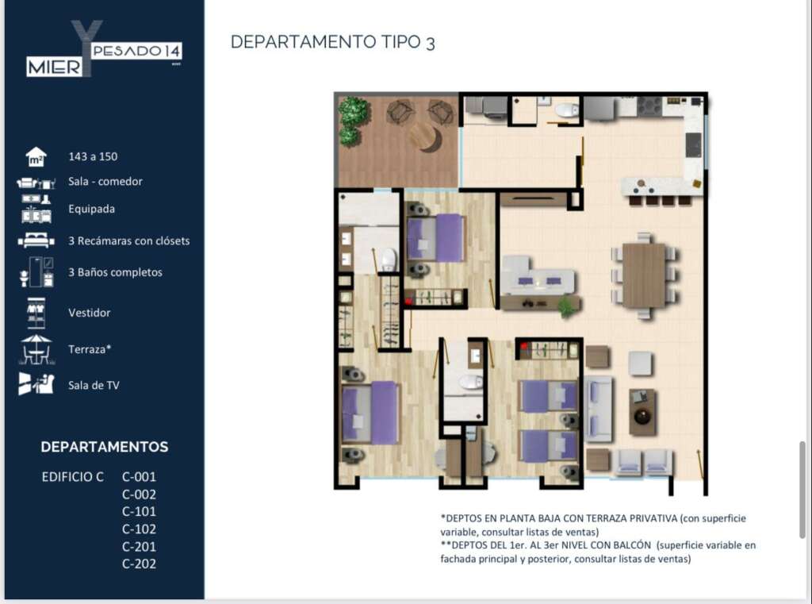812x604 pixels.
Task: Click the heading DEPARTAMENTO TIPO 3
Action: [332, 42]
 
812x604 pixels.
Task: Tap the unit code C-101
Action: [139, 512]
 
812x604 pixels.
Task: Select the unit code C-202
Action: [139, 564]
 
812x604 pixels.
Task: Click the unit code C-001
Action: [139, 477]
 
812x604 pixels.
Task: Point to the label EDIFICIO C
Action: [72, 477]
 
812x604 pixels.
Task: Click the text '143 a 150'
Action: [93, 156]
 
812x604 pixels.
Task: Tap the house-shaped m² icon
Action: [36, 157]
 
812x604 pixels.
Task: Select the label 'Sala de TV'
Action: [94, 385]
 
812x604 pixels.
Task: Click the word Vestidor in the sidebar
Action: [89, 313]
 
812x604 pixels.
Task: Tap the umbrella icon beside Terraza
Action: [36, 349]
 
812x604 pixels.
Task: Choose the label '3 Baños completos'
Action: [115, 272]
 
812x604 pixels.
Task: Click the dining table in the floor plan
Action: [644, 275]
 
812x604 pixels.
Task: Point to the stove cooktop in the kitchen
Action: [649, 106]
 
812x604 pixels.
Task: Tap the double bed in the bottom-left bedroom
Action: [370, 413]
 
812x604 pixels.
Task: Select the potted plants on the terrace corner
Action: [353, 121]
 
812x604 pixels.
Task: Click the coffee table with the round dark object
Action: [642, 413]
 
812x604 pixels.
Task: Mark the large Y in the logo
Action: [86, 48]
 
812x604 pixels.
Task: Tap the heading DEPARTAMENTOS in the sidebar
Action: [105, 447]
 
